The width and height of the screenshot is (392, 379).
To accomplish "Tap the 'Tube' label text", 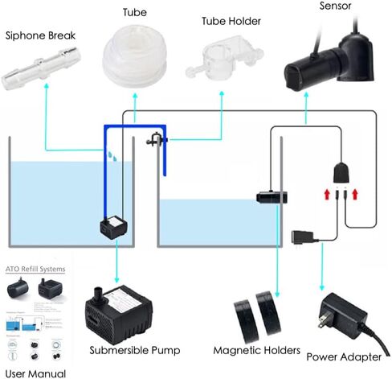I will pyautogui.click(x=134, y=14).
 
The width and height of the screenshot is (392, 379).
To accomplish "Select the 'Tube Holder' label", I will pyautogui.click(x=221, y=19).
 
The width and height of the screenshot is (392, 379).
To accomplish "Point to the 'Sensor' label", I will pyautogui.click(x=312, y=6).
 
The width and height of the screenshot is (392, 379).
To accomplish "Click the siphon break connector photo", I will pyautogui.click(x=35, y=71).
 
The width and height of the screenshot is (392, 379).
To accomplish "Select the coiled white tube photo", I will pyautogui.click(x=135, y=56).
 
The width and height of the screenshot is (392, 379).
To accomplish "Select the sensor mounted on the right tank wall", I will pyautogui.click(x=268, y=196).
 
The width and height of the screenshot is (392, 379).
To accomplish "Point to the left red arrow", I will pyautogui.click(x=325, y=194).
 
